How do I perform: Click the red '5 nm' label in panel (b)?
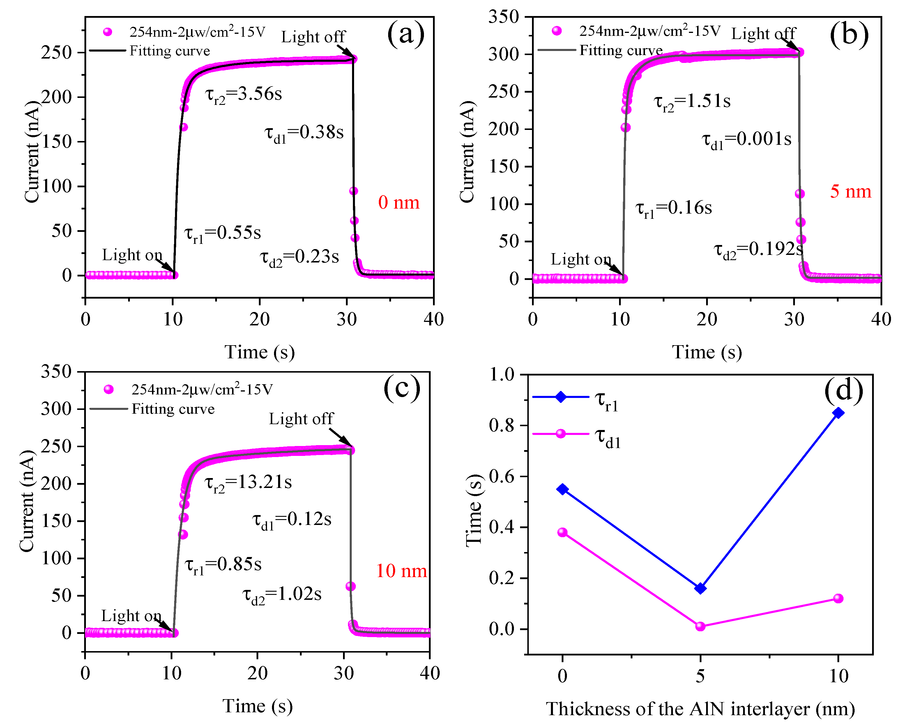(850, 192)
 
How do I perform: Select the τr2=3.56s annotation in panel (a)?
(243, 94)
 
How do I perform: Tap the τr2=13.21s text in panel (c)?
(248, 483)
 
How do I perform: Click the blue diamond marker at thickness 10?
(838, 413)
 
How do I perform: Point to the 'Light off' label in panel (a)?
(313, 37)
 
